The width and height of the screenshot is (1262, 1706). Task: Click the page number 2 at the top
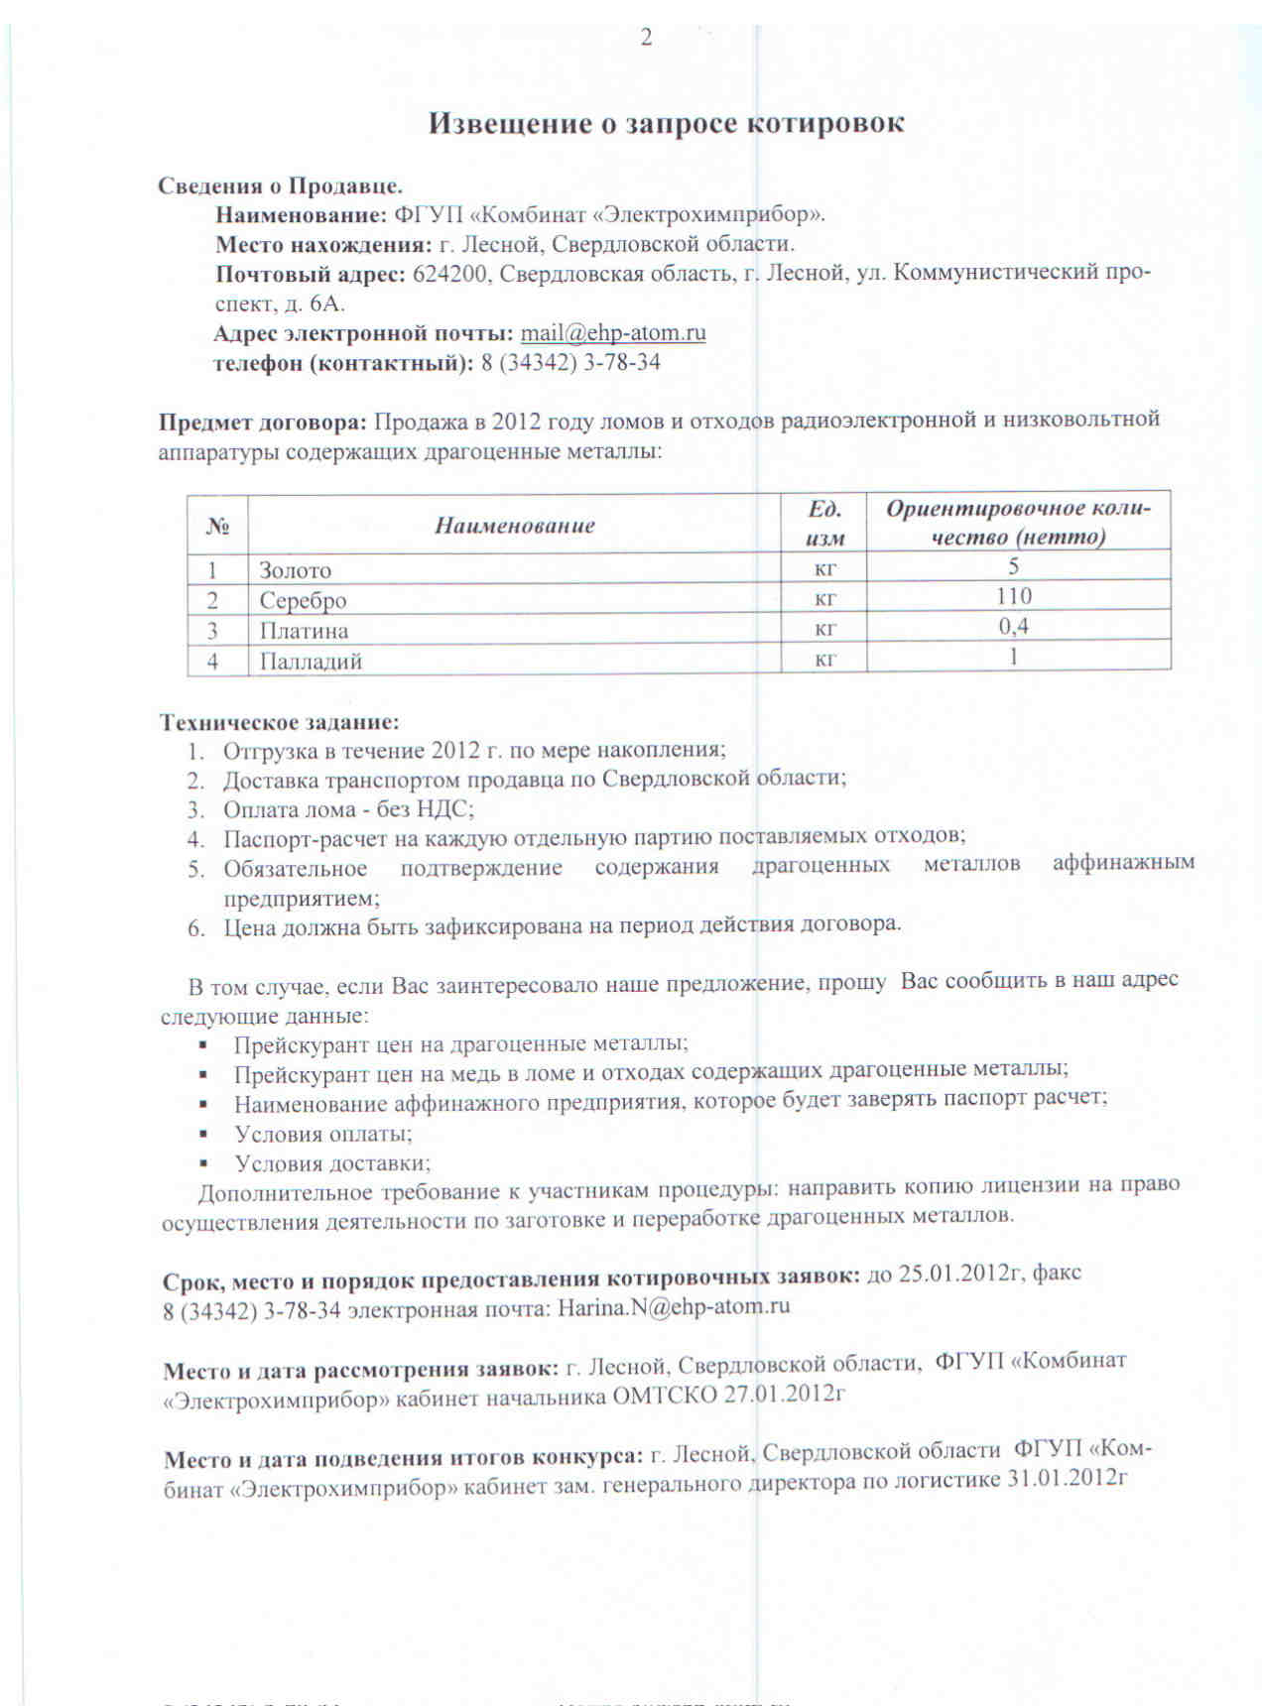tap(647, 39)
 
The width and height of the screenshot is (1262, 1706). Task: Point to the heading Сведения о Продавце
tap(280, 185)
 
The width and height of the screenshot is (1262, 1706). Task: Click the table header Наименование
tap(514, 525)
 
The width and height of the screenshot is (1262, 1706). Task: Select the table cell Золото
tap(295, 570)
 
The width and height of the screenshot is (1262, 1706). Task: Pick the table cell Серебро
tap(303, 600)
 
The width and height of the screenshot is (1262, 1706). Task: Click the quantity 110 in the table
tap(1014, 596)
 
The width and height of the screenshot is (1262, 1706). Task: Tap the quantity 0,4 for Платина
tap(1014, 626)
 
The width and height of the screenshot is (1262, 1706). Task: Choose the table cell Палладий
tap(311, 661)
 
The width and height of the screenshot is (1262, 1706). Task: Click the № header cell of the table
tap(217, 526)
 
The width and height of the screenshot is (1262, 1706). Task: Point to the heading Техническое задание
tap(280, 721)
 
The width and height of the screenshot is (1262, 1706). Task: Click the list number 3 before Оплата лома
tap(194, 809)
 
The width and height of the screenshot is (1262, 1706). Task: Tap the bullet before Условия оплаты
tap(202, 1133)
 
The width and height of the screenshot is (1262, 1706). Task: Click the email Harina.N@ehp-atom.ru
tap(674, 1306)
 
